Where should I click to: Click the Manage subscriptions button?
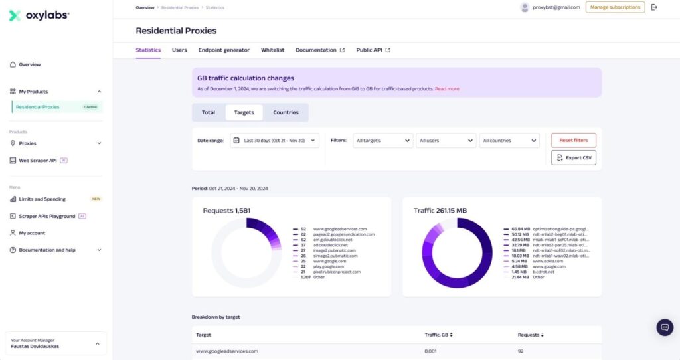click(615, 7)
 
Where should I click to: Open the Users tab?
click(179, 50)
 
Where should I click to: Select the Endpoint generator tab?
click(224, 50)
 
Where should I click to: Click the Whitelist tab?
click(272, 50)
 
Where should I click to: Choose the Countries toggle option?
click(286, 112)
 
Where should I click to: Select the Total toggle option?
click(209, 112)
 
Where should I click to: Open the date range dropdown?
click(274, 141)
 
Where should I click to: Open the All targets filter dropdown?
click(382, 141)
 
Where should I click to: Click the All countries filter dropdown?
click(509, 141)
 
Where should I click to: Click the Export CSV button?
click(573, 158)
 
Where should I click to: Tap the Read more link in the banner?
click(447, 88)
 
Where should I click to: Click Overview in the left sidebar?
click(30, 64)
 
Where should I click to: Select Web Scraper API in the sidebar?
click(38, 160)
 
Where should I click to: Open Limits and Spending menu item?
click(42, 199)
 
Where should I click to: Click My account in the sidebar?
click(32, 233)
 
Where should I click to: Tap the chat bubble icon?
click(665, 327)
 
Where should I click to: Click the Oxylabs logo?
click(39, 15)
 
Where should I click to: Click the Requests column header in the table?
click(529, 335)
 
